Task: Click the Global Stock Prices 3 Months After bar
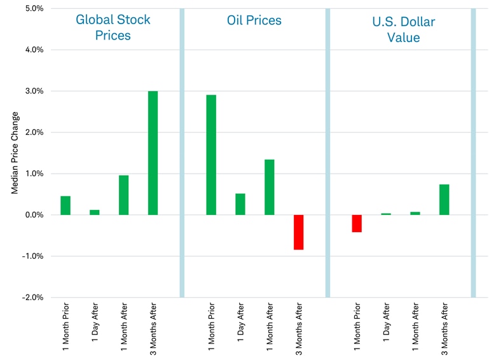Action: click(x=153, y=153)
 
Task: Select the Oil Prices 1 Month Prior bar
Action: click(x=211, y=155)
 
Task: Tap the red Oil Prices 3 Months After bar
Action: click(x=299, y=232)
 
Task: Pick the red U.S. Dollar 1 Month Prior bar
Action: click(x=357, y=223)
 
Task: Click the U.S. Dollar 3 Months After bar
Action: click(x=444, y=199)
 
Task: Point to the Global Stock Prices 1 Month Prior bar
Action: click(x=65, y=205)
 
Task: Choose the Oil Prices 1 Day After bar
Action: click(x=240, y=204)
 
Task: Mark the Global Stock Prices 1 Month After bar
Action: click(x=123, y=195)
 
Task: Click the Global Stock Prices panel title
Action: click(x=113, y=27)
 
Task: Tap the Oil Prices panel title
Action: click(x=254, y=20)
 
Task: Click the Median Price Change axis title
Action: click(x=15, y=153)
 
